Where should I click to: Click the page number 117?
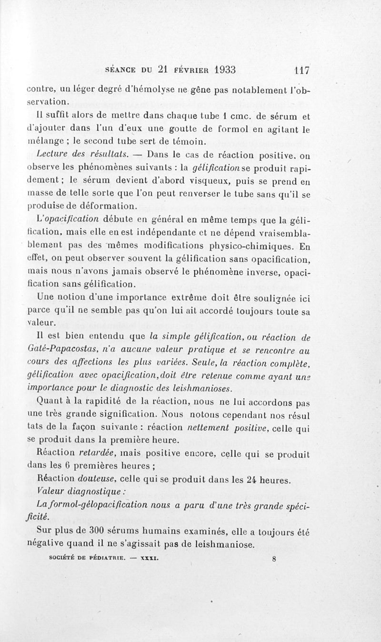pyautogui.click(x=302, y=70)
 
